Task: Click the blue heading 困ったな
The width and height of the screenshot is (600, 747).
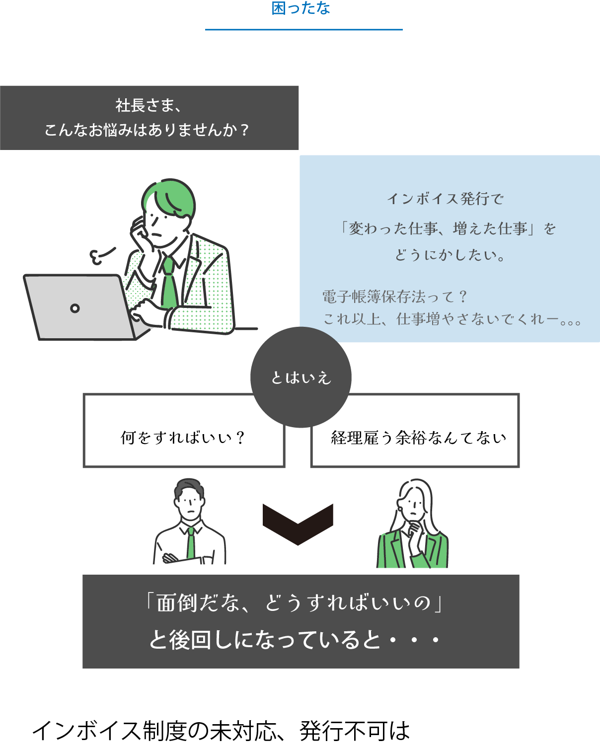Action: pos(300,8)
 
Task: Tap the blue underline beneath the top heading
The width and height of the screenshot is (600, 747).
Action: pos(303,30)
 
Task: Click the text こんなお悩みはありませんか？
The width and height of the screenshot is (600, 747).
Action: pos(147,130)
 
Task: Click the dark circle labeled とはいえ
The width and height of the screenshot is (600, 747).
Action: pos(301,377)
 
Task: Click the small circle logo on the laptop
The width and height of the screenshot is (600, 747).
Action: pos(75,308)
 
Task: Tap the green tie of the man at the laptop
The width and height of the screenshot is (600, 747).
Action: pos(169,283)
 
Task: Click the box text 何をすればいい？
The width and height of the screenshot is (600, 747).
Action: pos(183,438)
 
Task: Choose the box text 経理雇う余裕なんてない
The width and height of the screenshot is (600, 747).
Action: pos(418,438)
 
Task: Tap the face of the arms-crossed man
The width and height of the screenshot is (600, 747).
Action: pos(189,504)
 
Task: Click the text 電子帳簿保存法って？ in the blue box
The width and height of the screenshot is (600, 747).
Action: pos(395,297)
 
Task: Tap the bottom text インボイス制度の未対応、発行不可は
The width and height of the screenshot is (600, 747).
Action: pos(221,731)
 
